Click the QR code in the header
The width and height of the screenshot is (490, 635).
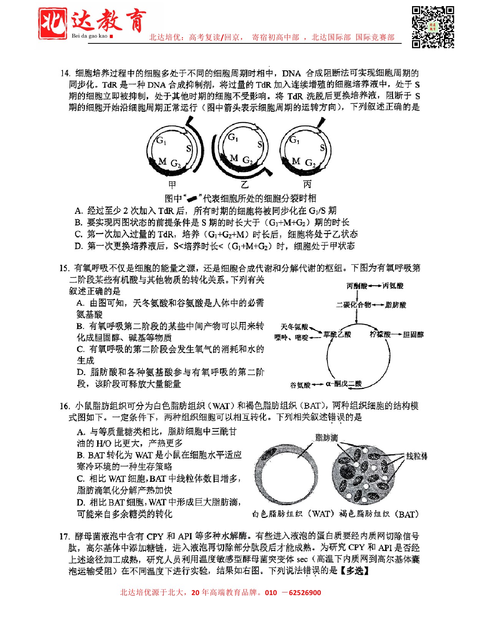[433, 27]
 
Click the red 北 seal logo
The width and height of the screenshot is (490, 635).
[53, 23]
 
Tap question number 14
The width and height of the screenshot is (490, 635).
[65, 73]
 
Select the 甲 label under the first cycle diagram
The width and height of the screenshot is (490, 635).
[172, 185]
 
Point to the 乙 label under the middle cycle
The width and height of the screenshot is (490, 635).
[245, 185]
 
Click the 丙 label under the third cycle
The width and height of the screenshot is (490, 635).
[307, 184]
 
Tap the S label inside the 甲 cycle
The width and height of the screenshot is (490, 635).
[189, 149]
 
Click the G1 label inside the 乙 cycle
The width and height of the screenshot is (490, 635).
[233, 137]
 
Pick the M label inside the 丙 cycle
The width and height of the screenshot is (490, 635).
[296, 161]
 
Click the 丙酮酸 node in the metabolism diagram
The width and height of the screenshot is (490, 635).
[357, 286]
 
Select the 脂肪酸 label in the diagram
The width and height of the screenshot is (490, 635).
[396, 305]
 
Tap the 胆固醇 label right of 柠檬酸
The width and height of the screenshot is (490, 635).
[413, 334]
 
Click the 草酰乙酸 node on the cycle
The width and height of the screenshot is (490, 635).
[337, 334]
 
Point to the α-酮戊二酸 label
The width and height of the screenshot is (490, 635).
[344, 384]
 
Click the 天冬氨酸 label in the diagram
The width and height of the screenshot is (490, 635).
[295, 327]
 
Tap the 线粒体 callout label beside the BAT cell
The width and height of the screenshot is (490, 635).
[417, 456]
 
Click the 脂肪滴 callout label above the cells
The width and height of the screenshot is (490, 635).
[326, 438]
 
